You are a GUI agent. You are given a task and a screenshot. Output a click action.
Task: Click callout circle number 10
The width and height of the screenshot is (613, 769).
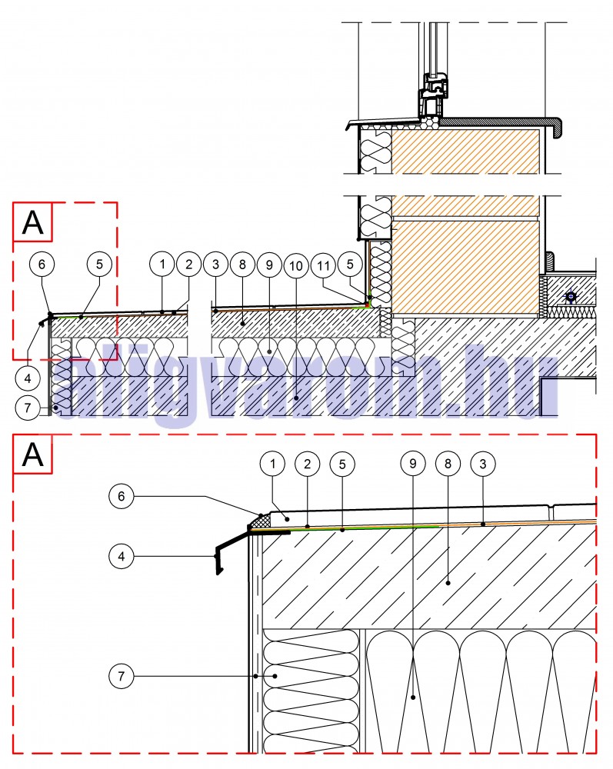click(295, 265)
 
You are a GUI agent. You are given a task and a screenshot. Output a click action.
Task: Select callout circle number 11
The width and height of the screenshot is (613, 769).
click(324, 265)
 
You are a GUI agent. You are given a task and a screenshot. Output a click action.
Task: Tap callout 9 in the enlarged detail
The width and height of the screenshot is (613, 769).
click(413, 464)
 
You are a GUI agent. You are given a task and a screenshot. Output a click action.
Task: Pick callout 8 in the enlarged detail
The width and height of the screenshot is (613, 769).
click(445, 464)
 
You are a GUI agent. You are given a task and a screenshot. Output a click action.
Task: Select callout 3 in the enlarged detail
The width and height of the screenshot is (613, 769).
click(482, 464)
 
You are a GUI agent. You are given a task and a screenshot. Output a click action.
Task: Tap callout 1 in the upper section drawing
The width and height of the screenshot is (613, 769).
click(162, 265)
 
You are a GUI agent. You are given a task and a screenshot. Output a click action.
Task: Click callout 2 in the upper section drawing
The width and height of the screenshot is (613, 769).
click(188, 265)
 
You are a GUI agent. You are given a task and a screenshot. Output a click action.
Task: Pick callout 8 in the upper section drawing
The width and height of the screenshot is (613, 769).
click(242, 265)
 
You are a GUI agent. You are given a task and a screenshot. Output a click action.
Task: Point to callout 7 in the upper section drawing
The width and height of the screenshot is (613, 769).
click(26, 407)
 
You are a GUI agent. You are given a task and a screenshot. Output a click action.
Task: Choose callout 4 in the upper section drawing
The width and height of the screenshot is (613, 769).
click(26, 378)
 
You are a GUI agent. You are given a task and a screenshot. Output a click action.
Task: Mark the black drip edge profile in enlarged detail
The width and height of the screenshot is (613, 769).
click(231, 549)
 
